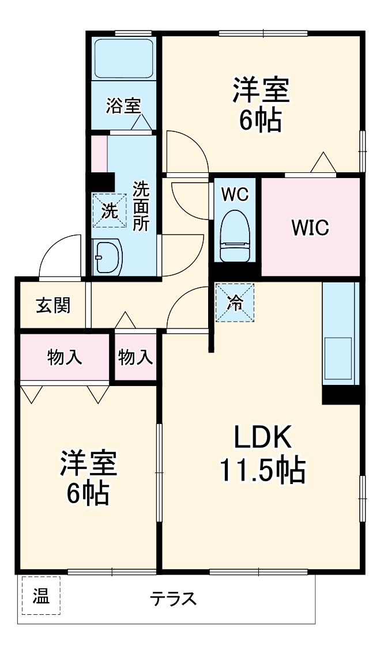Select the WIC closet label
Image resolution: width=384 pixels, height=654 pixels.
(x=310, y=228)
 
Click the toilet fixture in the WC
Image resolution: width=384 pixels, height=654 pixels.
(x=236, y=236)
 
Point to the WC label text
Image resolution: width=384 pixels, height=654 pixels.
(x=235, y=195)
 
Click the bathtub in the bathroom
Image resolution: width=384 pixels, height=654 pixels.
(x=123, y=58)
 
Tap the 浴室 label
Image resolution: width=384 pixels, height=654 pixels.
(x=123, y=106)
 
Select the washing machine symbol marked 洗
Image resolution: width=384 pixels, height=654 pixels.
(x=109, y=210)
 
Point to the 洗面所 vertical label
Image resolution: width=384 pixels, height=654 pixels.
(x=141, y=206)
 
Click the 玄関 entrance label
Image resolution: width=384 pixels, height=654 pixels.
(x=53, y=305)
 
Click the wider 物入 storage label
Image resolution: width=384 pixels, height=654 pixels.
(x=65, y=357)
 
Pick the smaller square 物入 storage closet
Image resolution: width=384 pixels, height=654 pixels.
(x=136, y=357)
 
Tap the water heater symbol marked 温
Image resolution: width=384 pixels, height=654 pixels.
(x=41, y=595)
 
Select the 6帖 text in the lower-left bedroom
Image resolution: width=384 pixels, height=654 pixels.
(x=88, y=493)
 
